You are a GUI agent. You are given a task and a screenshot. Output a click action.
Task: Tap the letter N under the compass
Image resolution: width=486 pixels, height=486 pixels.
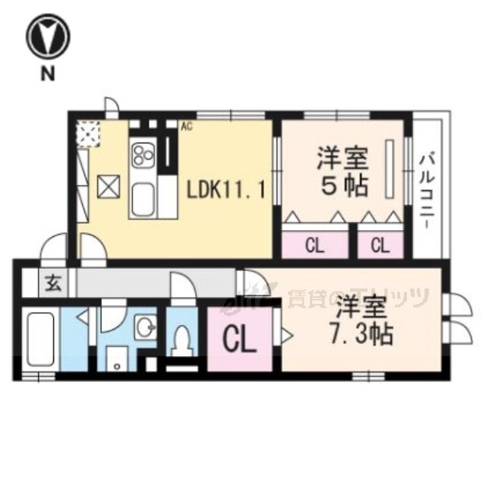48,73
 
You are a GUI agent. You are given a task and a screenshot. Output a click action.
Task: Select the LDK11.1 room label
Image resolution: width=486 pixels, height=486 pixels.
226,188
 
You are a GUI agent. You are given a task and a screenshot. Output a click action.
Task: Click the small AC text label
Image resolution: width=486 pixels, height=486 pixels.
186,127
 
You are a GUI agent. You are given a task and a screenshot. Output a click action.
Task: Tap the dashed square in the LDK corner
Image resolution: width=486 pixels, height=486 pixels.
89,134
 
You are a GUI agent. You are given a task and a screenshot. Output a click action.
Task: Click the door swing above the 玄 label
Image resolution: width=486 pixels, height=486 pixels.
55,248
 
